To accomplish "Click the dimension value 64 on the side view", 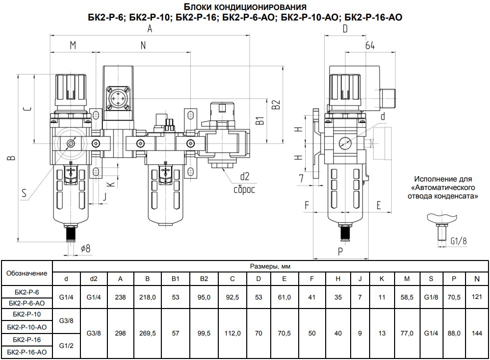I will coord(370,45).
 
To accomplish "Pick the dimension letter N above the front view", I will coord(143,45).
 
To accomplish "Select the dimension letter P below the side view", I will coord(340,251).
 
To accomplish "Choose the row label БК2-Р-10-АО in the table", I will coord(28,327).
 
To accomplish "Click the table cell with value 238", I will coord(120,297).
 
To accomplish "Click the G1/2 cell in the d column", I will coord(66,346).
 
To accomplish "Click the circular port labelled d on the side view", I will coord(345,142).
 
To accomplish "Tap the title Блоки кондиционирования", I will coord(245,7).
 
